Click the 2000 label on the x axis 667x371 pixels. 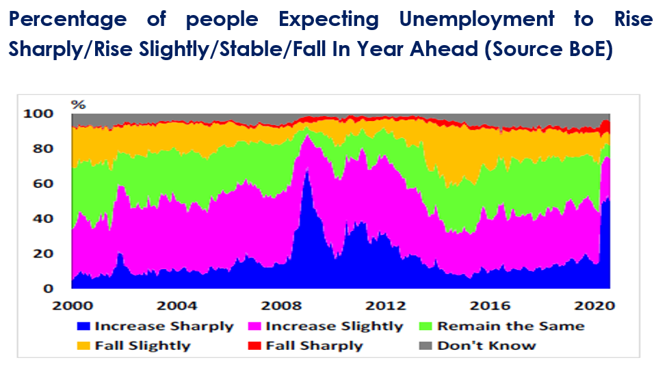72,304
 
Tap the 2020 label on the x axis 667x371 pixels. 595,304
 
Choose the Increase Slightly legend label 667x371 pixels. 335,326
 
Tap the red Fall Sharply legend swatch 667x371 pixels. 254,345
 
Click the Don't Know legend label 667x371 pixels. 486,345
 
